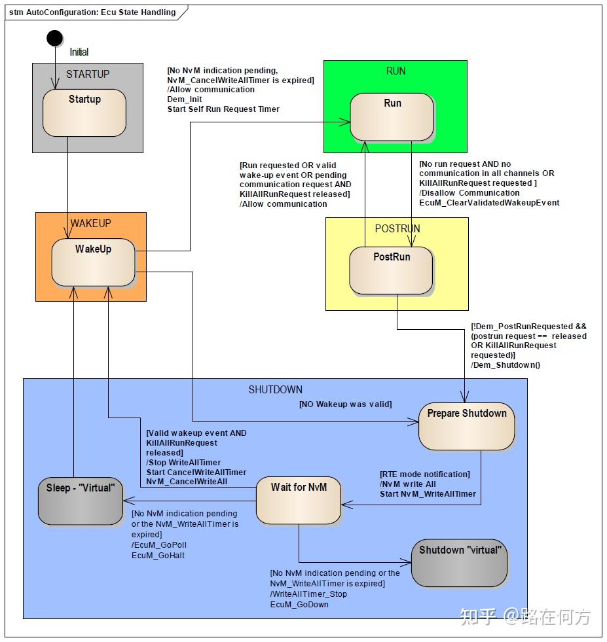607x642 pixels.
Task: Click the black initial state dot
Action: point(54,38)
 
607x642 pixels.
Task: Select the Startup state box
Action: point(84,113)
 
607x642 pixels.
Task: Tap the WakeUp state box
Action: point(94,262)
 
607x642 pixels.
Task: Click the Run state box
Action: point(392,117)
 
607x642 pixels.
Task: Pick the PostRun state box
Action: point(391,271)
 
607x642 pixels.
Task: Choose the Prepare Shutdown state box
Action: point(466,427)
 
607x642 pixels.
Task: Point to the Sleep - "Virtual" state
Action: point(81,501)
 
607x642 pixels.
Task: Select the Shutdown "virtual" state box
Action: point(460,563)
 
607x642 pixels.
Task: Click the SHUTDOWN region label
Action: point(275,389)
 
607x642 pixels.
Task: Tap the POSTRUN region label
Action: point(397,228)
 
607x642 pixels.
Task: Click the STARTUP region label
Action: point(88,74)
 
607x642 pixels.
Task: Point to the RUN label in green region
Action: point(395,71)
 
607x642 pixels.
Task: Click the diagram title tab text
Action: point(92,12)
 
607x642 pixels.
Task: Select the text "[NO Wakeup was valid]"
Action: point(346,404)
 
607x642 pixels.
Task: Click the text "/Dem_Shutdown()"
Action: point(506,365)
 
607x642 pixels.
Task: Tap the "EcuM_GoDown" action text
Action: point(299,604)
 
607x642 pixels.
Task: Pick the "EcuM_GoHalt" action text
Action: point(158,555)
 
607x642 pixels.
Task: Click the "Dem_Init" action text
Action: point(185,99)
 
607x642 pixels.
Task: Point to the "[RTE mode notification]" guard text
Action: point(425,474)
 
